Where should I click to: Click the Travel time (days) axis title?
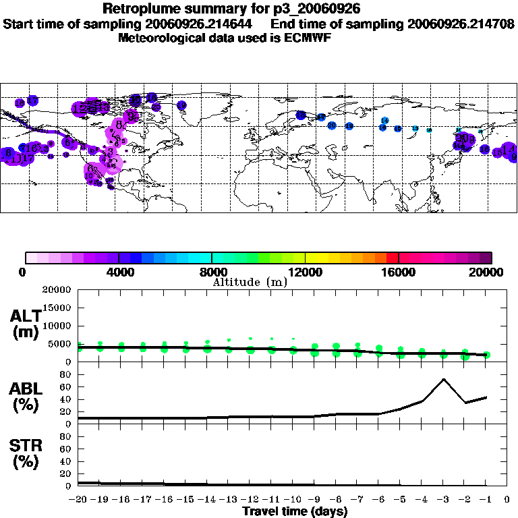295,511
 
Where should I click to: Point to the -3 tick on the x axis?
443,500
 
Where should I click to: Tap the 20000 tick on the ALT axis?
57,290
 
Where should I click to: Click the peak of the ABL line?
443,379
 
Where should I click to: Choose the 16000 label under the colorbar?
398,272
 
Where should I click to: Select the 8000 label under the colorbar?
212,272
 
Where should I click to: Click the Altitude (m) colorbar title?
250,282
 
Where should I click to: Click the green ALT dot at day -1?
486,355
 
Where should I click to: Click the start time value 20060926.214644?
200,24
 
